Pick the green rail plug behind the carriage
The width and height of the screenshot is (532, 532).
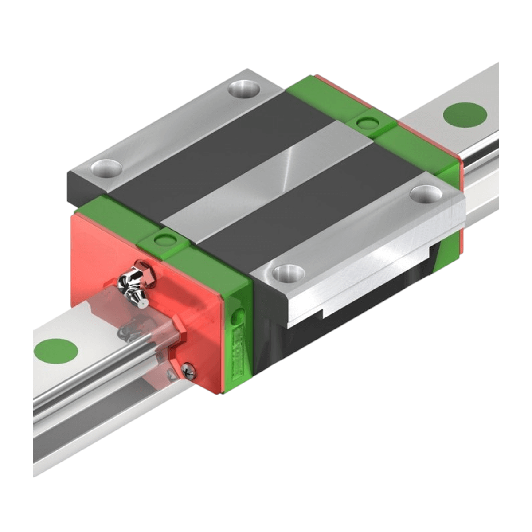pos(465,114)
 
